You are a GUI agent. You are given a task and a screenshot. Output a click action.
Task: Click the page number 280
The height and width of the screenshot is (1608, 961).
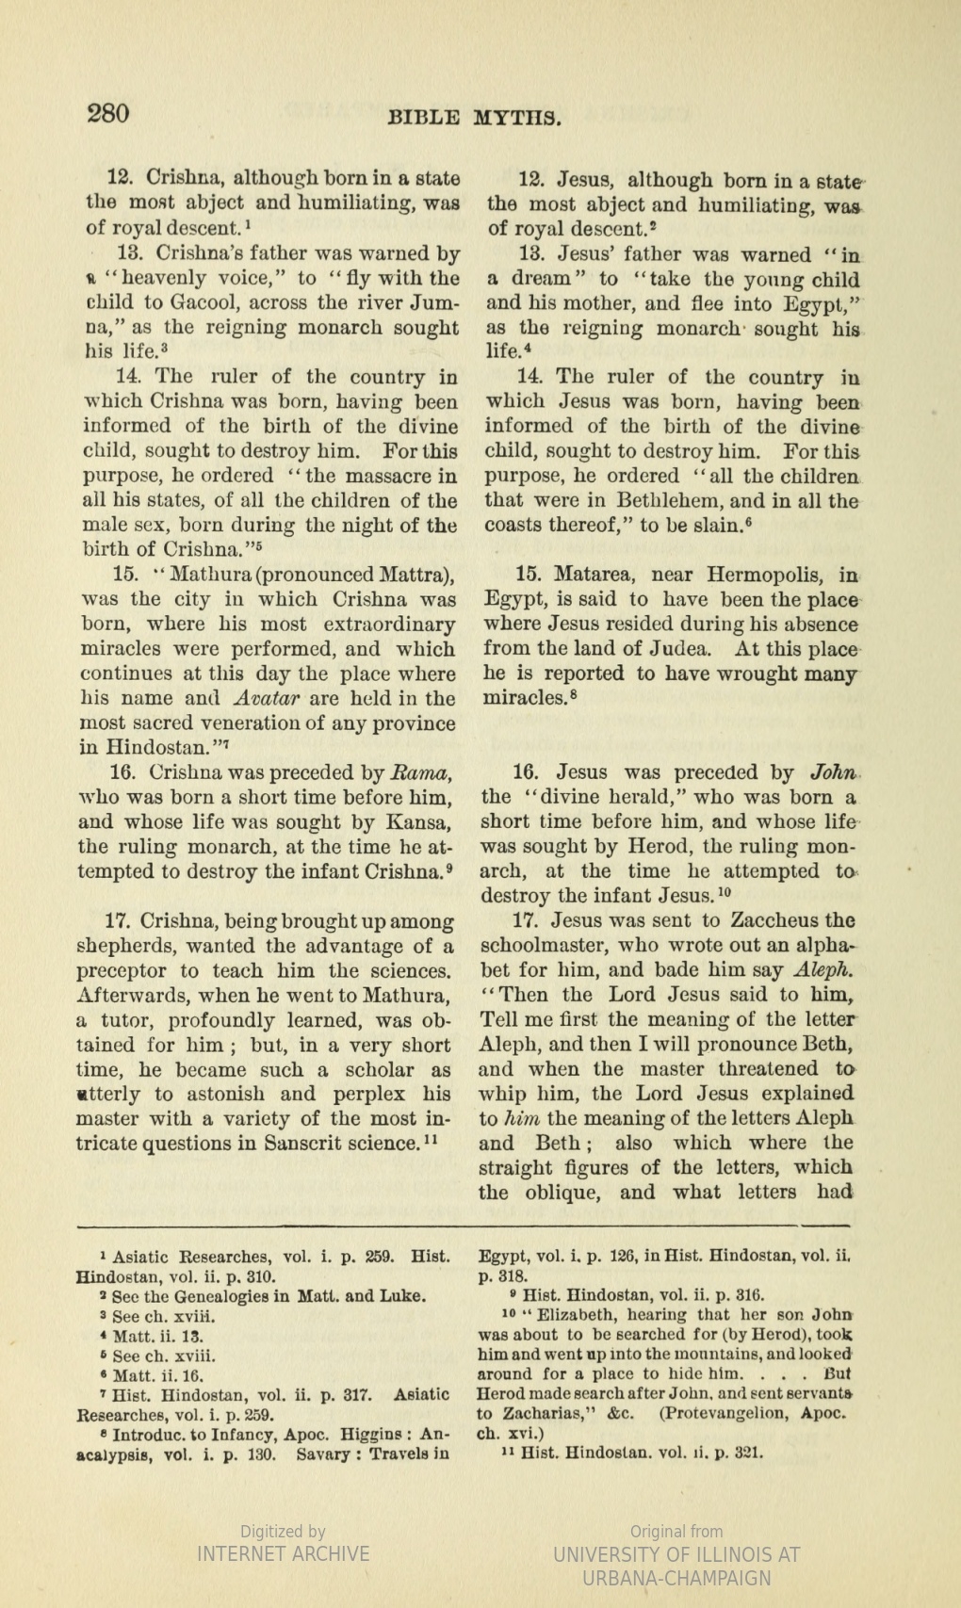click(x=108, y=113)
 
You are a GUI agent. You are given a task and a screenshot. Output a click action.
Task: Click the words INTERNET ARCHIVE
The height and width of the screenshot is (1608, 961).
click(x=283, y=1553)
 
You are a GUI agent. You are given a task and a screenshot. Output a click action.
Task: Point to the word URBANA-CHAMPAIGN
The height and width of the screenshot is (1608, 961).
click(x=676, y=1578)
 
